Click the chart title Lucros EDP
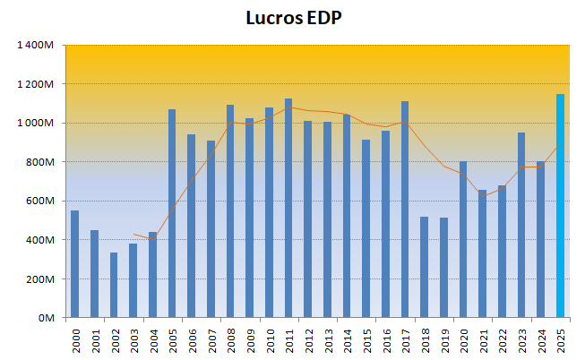point(293,19)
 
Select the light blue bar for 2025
point(560,206)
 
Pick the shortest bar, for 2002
point(114,285)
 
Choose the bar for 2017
point(405,210)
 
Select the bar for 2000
point(74,263)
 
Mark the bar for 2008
point(230,211)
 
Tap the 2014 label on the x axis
point(347,340)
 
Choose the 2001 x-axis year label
point(94,340)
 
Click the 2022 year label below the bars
point(502,340)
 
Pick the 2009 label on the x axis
point(250,340)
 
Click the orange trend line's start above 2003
point(133,234)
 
